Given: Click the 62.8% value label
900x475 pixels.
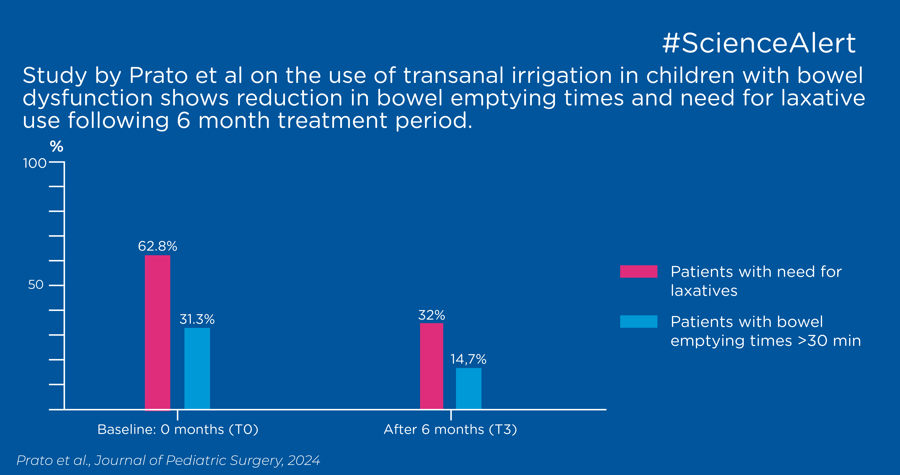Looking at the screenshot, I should point(157,246).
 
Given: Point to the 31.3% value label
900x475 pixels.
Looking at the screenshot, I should point(197,319).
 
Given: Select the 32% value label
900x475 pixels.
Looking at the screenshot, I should point(431,315).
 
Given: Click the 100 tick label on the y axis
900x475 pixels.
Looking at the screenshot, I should point(35,163).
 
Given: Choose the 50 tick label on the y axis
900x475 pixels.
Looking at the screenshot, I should point(36,285).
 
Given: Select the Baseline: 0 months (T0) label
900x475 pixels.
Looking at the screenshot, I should point(178,429).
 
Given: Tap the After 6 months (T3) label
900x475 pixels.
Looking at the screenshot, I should point(450,429).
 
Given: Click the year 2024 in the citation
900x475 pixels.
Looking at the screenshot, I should point(304,460).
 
